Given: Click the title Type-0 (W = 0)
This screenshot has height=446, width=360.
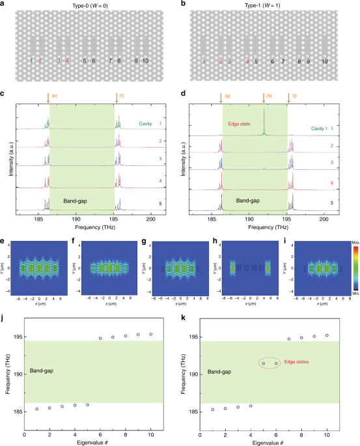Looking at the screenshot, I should point(92,6).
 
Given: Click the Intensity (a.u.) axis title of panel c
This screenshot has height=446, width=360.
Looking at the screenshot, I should point(6,160).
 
